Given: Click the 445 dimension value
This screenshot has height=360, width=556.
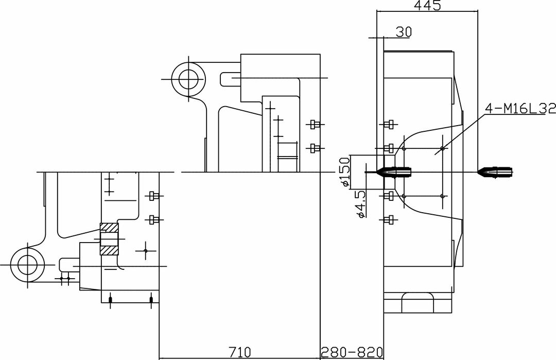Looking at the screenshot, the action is [427, 5].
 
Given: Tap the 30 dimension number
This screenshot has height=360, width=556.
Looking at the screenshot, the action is [404, 32].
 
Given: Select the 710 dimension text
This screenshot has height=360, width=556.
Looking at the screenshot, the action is [240, 352].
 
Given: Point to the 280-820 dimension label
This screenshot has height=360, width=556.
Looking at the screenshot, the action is [352, 352].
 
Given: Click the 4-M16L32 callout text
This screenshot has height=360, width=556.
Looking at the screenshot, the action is [520, 109].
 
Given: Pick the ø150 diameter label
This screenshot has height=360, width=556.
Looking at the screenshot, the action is [344, 172].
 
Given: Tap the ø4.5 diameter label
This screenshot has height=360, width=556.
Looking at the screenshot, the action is [360, 204].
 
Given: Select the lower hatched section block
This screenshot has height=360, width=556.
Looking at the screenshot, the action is [109, 251].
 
